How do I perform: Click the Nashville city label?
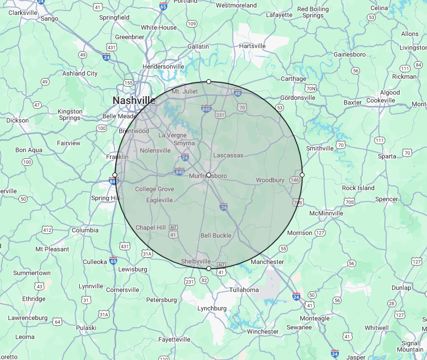click(134, 100)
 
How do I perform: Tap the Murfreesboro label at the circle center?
click(208, 175)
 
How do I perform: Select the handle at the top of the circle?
click(208, 81)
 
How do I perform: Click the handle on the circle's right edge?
click(302, 175)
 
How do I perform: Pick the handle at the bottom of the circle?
click(208, 269)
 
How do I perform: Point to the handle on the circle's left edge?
click(115, 175)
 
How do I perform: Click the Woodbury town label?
click(270, 180)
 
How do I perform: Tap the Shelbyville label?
click(196, 261)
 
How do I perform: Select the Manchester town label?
click(267, 262)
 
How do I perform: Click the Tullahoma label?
click(244, 290)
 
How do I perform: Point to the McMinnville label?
click(326, 213)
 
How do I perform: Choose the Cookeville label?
click(381, 100)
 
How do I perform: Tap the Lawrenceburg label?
click(28, 318)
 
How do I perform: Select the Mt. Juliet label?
click(185, 91)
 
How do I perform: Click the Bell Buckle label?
click(216, 235)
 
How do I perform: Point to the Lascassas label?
click(228, 155)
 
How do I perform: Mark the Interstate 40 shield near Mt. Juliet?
click(238, 93)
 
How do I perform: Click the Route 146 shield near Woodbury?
click(295, 180)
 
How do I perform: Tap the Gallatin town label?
click(198, 46)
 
